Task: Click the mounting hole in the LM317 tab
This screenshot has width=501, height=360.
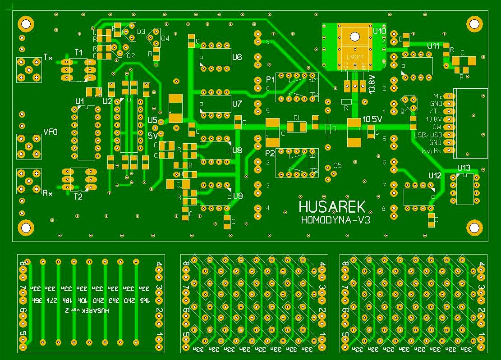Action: pos(354,35)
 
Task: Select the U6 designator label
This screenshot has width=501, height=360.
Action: pos(237,57)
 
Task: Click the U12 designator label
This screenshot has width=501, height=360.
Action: pos(435,175)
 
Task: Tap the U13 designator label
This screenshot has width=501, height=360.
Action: pos(463,168)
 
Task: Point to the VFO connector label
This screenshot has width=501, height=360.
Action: pos(50,132)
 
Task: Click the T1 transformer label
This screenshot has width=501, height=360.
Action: pos(78,53)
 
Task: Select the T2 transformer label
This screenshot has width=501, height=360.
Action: pos(78,196)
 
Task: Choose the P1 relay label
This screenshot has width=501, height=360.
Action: pos(270,79)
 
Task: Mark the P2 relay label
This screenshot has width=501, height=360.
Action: pos(270,152)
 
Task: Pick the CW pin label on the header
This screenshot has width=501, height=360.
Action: pos(437,127)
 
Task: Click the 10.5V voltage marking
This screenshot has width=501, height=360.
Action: pos(372,119)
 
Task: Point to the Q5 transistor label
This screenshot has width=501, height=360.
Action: pos(337,165)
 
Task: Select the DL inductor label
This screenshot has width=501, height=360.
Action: pos(296,118)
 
